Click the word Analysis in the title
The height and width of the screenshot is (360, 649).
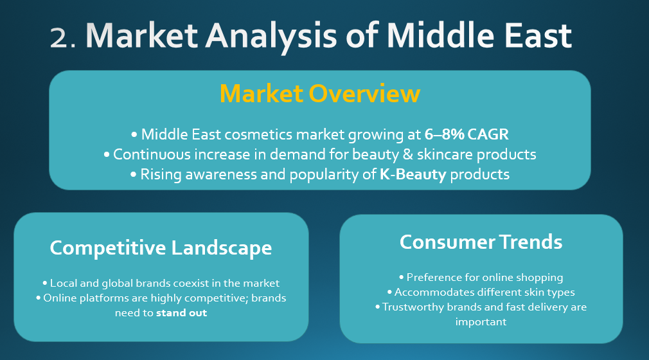[x=271, y=37]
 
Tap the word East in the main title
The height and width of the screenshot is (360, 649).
[x=538, y=35]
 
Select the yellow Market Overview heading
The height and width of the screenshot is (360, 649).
[x=320, y=94]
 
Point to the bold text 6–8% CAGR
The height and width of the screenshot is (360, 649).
[x=467, y=134]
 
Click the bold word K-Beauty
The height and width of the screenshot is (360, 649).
[x=413, y=174]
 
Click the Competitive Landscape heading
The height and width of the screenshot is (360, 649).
[x=161, y=248]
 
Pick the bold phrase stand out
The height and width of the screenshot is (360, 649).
[x=181, y=313]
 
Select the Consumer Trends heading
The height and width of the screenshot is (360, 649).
[x=481, y=242]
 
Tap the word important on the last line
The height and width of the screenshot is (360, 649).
[x=481, y=322]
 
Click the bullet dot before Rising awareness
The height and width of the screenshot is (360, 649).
[x=133, y=175]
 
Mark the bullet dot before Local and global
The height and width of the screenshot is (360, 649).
[x=45, y=283]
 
